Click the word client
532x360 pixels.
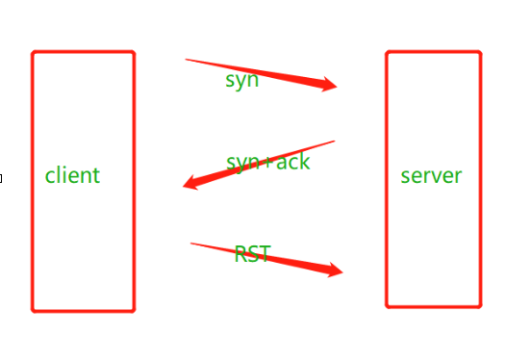click(72, 175)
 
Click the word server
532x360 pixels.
click(431, 176)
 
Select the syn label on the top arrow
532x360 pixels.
click(241, 81)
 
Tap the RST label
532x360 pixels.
click(253, 254)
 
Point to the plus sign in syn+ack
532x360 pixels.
click(268, 163)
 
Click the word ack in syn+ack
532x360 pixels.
click(293, 162)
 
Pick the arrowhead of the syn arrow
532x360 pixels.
click(328, 85)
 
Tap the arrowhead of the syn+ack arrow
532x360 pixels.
click(190, 184)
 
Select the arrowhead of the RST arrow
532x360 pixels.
click(335, 270)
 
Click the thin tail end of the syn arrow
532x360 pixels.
click(186, 60)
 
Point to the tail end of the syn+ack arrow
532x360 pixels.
click(335, 141)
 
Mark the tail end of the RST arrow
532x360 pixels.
click(191, 244)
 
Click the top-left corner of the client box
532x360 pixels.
click(33, 52)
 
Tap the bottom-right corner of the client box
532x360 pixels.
click(134, 310)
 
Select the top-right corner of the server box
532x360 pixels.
click(480, 52)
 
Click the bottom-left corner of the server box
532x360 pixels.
click(387, 307)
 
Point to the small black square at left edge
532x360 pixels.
click(1, 178)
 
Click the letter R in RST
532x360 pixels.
click(241, 254)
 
